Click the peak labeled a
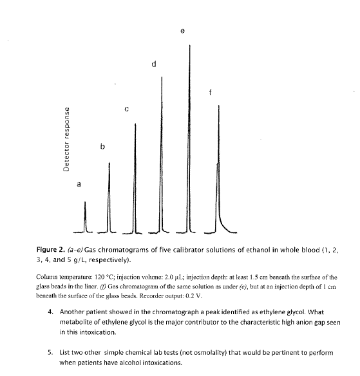pyautogui.click(x=85, y=216)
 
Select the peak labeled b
pyautogui.click(x=109, y=193)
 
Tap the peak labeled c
pyautogui.click(x=135, y=174)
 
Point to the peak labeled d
pyautogui.click(x=162, y=155)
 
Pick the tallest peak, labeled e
pyautogui.click(x=190, y=129)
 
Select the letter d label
pyautogui.click(x=153, y=64)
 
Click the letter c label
pyautogui.click(x=127, y=109)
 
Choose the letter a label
pyautogui.click(x=79, y=184)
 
